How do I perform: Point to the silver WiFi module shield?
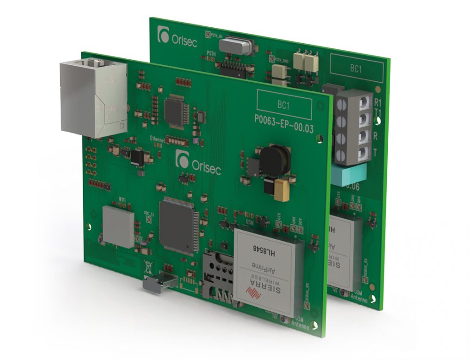(x=118, y=227)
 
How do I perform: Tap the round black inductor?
(x=275, y=160)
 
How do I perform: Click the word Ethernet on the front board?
(x=159, y=139)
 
